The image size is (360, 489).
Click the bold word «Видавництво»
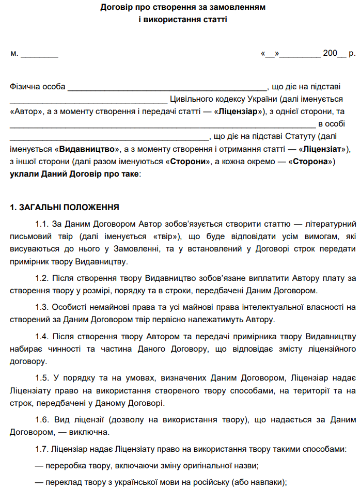coord(86,149)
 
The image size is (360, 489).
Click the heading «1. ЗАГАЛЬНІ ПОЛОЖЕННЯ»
coord(65,208)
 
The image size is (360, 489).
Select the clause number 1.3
coord(42,307)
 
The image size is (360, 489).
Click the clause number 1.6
coord(42,420)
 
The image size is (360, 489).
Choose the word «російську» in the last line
coord(212,482)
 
